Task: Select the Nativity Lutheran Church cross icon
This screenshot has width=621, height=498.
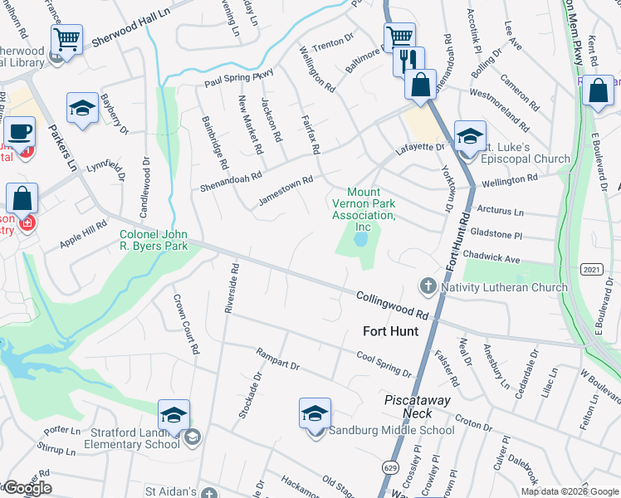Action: tap(428, 287)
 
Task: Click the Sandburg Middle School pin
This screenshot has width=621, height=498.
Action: tap(315, 414)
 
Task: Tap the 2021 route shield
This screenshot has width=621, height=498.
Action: tap(591, 270)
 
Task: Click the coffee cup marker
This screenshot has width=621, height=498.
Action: tap(19, 131)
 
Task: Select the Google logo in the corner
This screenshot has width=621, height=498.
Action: tap(27, 488)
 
